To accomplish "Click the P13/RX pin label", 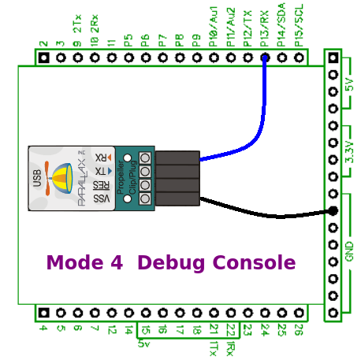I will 265,24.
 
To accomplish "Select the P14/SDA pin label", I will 281,23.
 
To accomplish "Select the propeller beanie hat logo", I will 60,178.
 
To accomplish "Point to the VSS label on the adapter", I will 102,199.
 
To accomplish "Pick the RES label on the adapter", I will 102,185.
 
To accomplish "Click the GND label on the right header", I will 349,251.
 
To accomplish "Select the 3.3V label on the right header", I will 349,150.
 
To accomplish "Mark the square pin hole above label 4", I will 43,313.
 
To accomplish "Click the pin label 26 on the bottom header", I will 299,331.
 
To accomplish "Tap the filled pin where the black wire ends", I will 333,210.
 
